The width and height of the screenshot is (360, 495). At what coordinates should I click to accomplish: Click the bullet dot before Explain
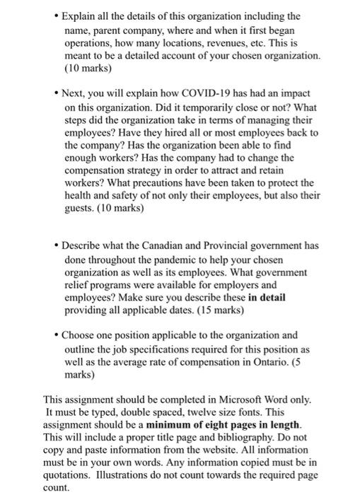54,16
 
